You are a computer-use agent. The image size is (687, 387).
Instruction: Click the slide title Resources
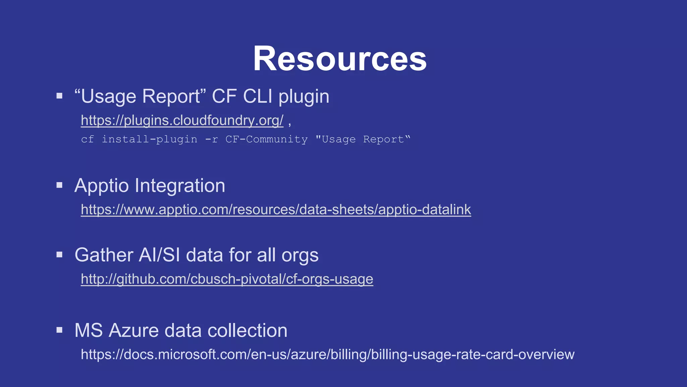(339, 59)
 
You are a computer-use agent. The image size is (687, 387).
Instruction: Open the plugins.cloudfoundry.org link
(182, 120)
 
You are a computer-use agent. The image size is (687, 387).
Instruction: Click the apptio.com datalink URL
(276, 210)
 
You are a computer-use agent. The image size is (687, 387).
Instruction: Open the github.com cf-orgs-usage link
(227, 279)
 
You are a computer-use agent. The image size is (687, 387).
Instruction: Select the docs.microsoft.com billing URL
(327, 355)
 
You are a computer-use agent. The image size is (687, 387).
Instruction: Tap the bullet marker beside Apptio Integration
(60, 185)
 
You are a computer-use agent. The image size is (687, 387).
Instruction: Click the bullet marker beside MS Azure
(60, 330)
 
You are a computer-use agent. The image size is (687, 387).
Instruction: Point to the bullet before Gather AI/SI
(60, 255)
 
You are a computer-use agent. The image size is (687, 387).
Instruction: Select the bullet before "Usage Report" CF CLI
(60, 96)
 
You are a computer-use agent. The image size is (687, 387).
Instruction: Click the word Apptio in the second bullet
(101, 186)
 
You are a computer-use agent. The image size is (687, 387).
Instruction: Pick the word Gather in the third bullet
(104, 255)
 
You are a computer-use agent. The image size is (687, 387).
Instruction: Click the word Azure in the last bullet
(134, 331)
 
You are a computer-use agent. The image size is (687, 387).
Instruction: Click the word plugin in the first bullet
(304, 97)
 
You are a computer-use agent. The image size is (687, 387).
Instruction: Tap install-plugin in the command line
(149, 139)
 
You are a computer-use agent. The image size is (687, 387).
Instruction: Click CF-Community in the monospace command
(266, 139)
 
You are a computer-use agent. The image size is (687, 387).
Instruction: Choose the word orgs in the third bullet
(300, 255)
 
